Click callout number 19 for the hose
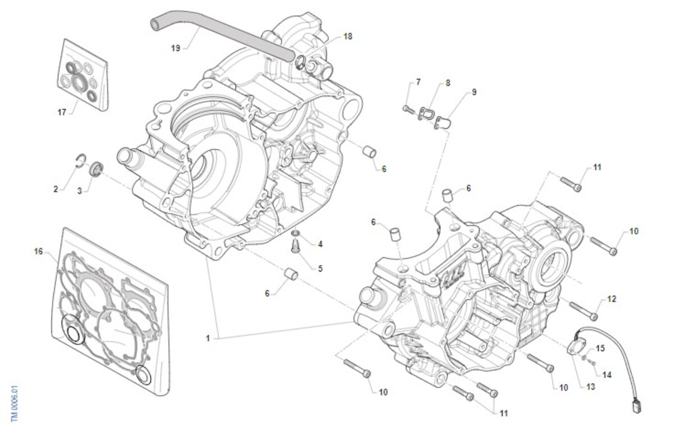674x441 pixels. (175, 48)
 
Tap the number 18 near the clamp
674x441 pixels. (348, 36)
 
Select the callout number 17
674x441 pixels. (62, 112)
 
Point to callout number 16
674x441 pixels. (38, 251)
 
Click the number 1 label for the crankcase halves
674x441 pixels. (208, 338)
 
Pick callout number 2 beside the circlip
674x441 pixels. (56, 189)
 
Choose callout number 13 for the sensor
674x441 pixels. (590, 387)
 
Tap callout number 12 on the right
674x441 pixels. (611, 299)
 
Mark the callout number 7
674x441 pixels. (418, 82)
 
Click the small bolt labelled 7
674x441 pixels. (406, 108)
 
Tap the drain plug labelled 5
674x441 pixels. (296, 245)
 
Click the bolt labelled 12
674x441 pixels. (583, 309)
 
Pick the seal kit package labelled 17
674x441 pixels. (83, 75)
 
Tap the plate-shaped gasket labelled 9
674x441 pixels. (444, 121)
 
